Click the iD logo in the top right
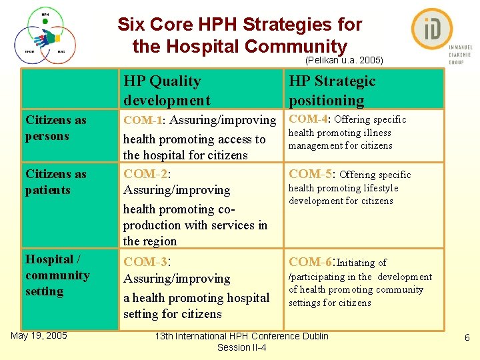(x=432, y=30)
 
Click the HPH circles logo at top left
(x=45, y=37)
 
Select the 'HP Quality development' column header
(x=167, y=91)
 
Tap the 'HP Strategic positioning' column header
(x=332, y=91)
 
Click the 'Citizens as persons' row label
(x=56, y=128)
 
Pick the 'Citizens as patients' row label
(x=56, y=182)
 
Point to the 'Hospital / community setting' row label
(x=57, y=275)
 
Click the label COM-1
(x=143, y=121)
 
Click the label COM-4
(x=308, y=119)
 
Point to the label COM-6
(x=311, y=262)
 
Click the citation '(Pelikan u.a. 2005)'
(x=343, y=60)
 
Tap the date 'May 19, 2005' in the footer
(x=39, y=335)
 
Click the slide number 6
(x=467, y=338)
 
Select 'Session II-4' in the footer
(x=241, y=347)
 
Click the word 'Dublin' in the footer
(x=315, y=336)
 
